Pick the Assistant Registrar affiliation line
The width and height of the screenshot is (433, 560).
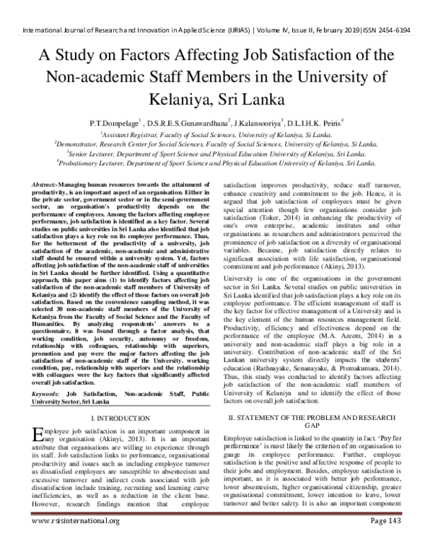pyautogui.click(x=216, y=134)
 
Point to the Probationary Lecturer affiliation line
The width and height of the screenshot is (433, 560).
pyautogui.click(x=216, y=163)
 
